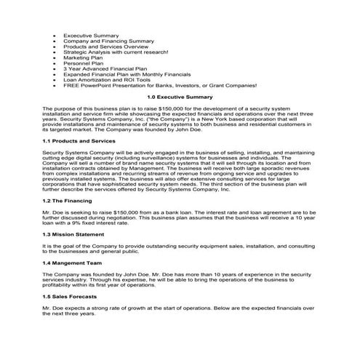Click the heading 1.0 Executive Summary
[x=179, y=96]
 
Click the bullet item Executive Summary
[x=90, y=35]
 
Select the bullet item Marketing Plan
[x=83, y=57]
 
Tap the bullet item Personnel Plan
[x=84, y=63]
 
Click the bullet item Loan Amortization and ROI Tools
[x=107, y=80]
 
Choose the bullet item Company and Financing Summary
[x=108, y=41]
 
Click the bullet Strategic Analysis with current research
[x=116, y=52]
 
